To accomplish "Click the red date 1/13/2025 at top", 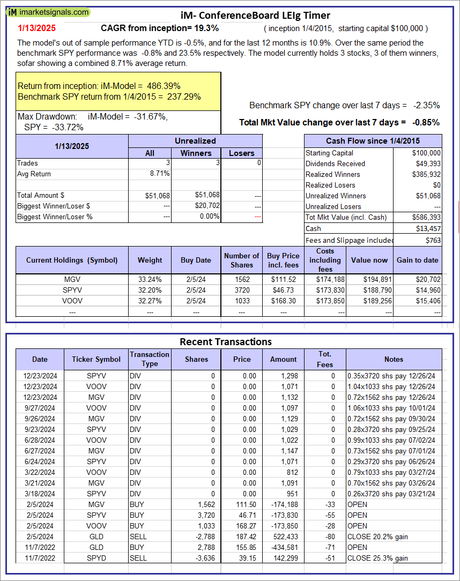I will coord(36,28).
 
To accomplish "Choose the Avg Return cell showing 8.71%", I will coord(160,174).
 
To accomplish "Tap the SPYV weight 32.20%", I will coord(150,290).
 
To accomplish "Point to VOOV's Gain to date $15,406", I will coord(427,301).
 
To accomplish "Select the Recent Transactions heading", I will coord(226,341).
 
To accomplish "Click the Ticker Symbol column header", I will coord(97,359).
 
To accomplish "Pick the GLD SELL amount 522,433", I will coord(284,537).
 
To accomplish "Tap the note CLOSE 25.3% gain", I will coord(377,558).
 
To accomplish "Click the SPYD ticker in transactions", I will coord(97,558).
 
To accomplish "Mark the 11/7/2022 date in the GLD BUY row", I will coord(40,547).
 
